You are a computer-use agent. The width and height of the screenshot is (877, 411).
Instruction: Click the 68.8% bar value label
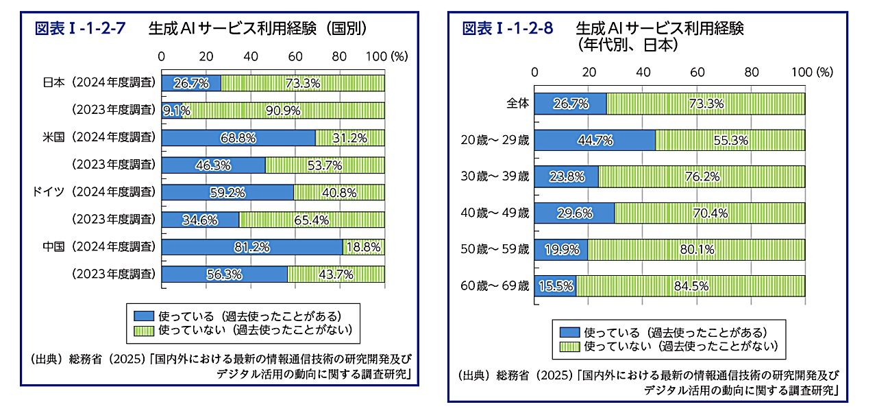(x=238, y=138)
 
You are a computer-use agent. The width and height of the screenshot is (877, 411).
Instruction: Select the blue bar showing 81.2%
(x=251, y=247)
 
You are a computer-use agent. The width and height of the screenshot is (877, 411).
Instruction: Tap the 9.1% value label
(x=176, y=110)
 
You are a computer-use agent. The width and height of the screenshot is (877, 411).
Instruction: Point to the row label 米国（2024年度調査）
(x=98, y=137)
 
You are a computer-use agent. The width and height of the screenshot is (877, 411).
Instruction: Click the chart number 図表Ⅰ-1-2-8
(x=508, y=28)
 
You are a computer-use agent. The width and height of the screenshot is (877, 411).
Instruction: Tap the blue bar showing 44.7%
(x=594, y=140)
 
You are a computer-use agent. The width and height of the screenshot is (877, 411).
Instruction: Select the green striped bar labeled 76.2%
(x=702, y=177)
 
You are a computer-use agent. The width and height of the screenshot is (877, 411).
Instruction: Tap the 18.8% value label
(x=364, y=247)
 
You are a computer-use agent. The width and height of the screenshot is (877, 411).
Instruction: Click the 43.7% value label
(x=336, y=274)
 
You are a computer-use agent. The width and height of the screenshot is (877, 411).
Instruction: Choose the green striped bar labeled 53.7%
(x=324, y=165)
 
